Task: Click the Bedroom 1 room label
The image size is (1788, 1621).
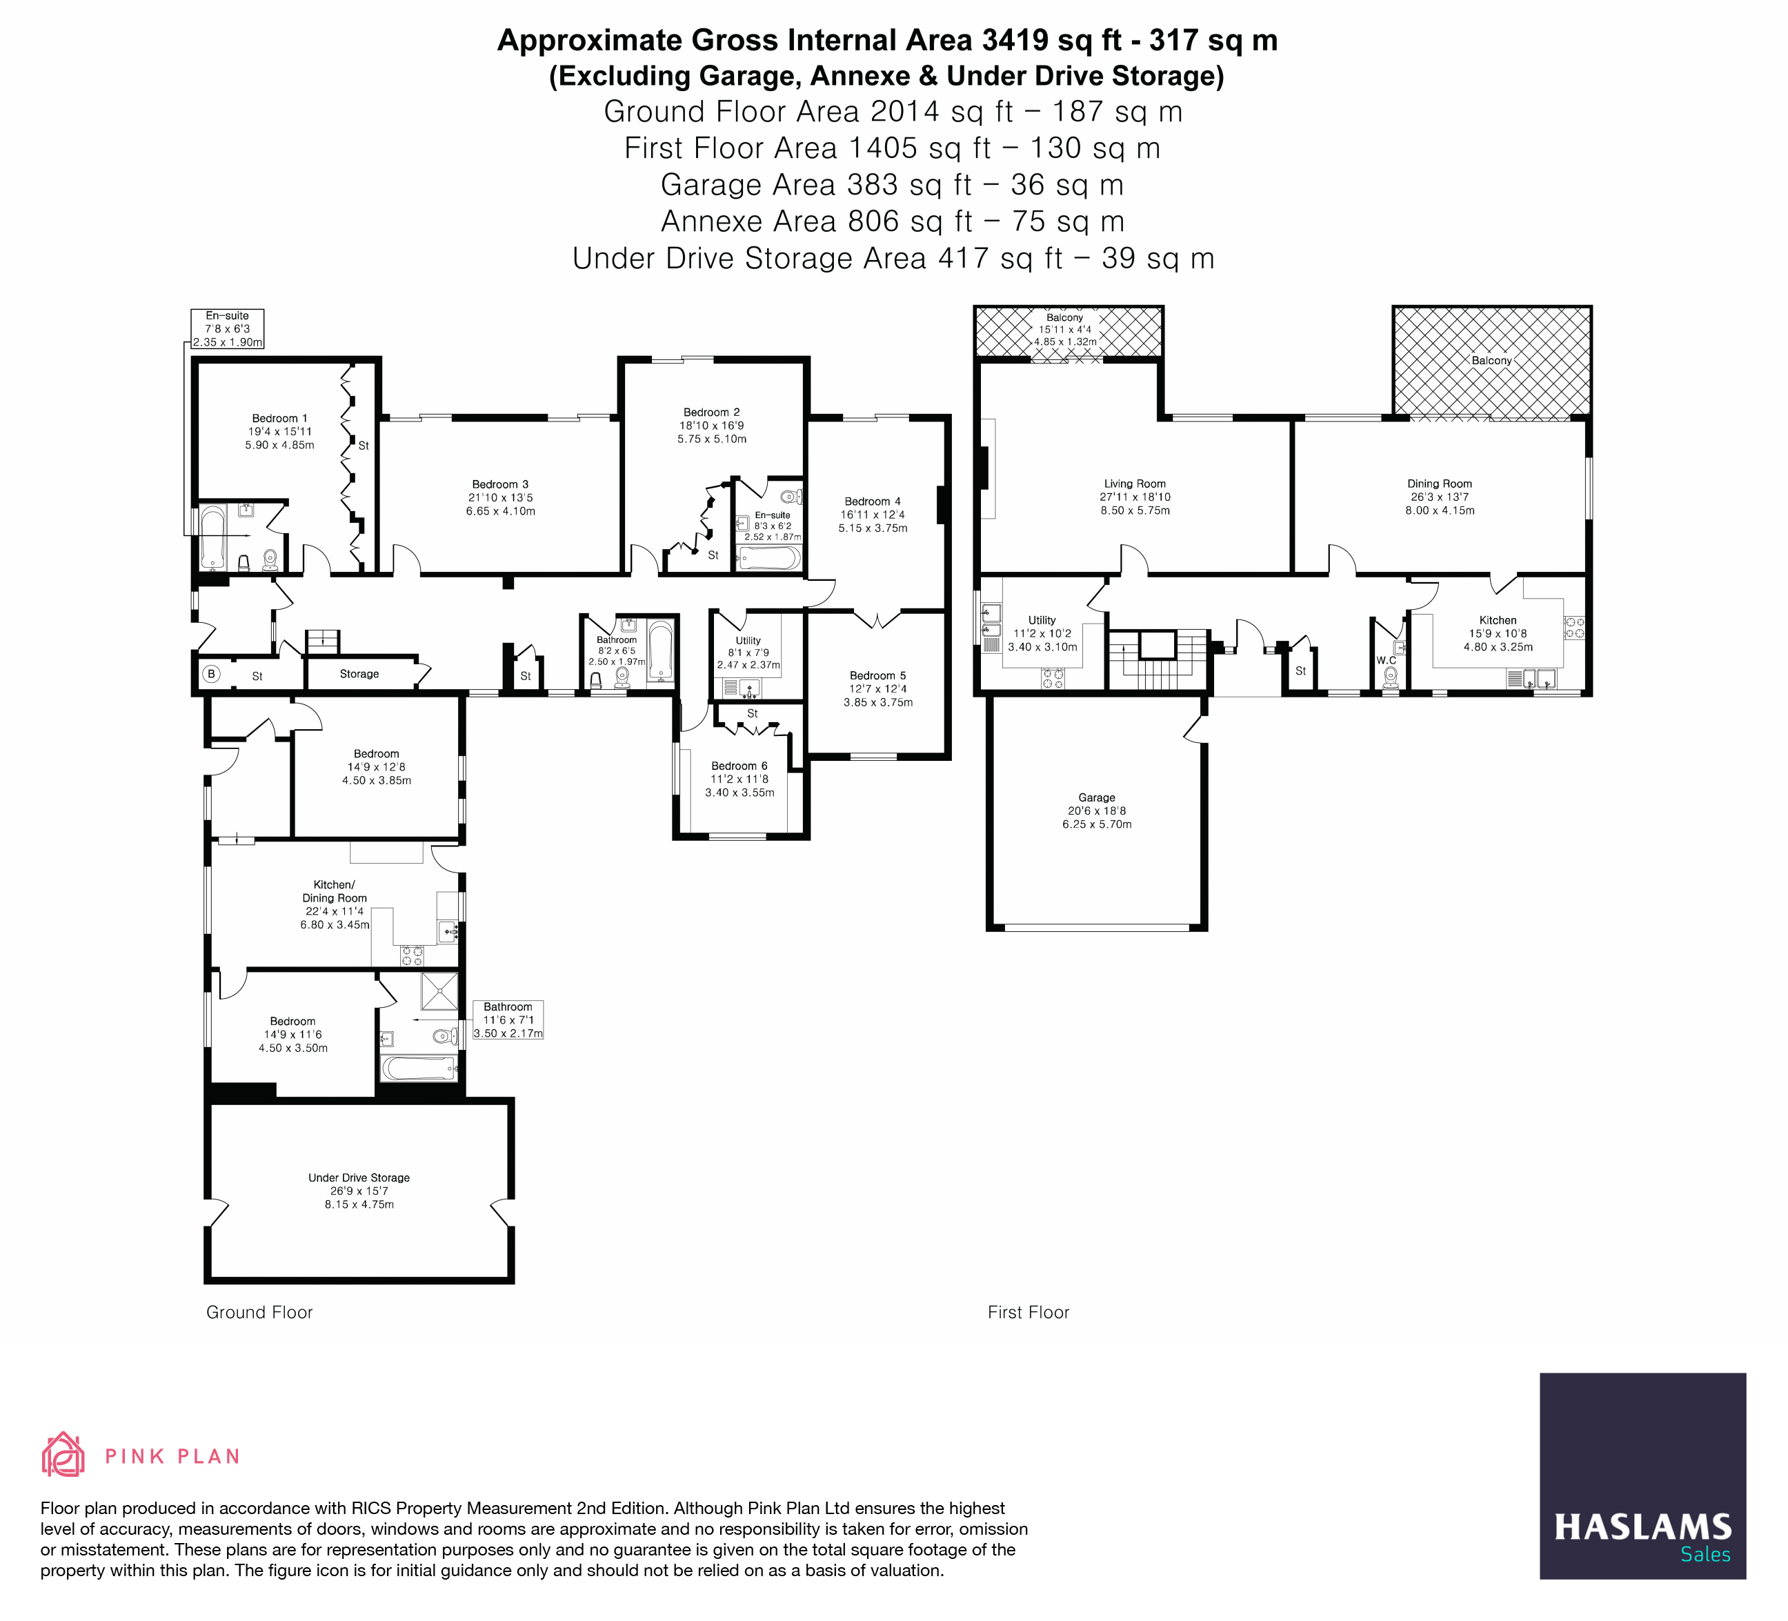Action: click(279, 419)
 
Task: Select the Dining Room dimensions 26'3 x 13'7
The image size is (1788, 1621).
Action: click(1440, 497)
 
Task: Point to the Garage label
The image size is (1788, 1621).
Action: click(1096, 798)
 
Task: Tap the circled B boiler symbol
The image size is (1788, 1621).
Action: click(211, 674)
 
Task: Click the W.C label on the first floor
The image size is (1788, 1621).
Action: click(1387, 661)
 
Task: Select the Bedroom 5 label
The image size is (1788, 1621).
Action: click(877, 676)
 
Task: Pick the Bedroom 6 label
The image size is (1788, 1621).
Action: click(739, 766)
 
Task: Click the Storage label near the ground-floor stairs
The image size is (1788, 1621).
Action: click(359, 674)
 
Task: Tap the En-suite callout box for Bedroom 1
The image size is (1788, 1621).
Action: click(228, 329)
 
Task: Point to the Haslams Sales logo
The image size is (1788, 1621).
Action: click(1642, 1476)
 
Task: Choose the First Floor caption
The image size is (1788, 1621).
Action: click(1028, 1313)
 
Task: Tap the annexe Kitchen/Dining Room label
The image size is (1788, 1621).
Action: click(335, 891)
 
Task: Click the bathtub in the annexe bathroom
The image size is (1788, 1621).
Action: click(419, 1067)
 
